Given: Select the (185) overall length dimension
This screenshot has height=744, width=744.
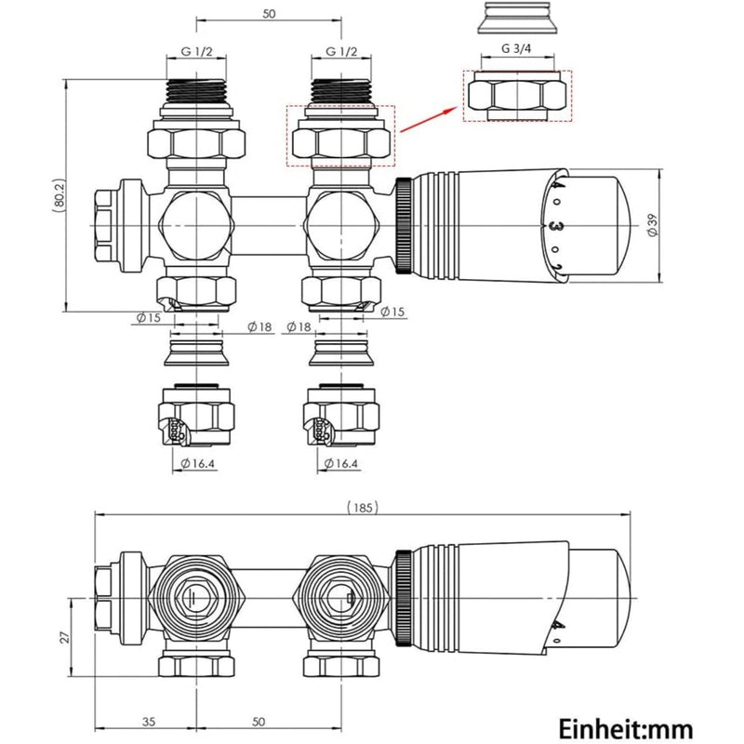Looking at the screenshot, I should [364, 507].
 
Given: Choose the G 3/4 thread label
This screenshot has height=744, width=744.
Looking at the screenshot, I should [517, 48].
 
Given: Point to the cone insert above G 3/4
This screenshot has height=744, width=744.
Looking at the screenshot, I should [517, 20].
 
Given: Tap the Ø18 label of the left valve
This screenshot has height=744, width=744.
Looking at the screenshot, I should [260, 326].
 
